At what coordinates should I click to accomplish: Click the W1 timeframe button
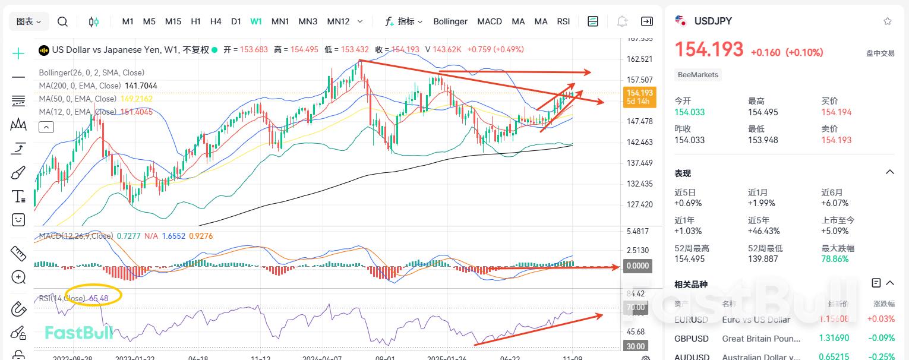256,21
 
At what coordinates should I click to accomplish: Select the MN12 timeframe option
338,21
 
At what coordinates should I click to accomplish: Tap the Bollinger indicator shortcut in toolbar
450,21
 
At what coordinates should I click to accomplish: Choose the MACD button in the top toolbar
490,21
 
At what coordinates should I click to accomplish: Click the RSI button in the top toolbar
563,21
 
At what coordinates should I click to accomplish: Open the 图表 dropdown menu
29,21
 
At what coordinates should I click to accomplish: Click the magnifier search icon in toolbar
62,21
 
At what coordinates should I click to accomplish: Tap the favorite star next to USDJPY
887,21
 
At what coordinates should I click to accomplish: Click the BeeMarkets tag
698,75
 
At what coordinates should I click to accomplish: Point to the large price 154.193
709,49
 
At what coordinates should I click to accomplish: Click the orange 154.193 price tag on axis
639,93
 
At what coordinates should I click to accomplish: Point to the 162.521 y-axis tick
640,59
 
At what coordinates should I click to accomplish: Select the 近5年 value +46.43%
765,230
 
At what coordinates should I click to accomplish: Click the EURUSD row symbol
692,320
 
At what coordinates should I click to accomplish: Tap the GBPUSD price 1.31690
835,339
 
